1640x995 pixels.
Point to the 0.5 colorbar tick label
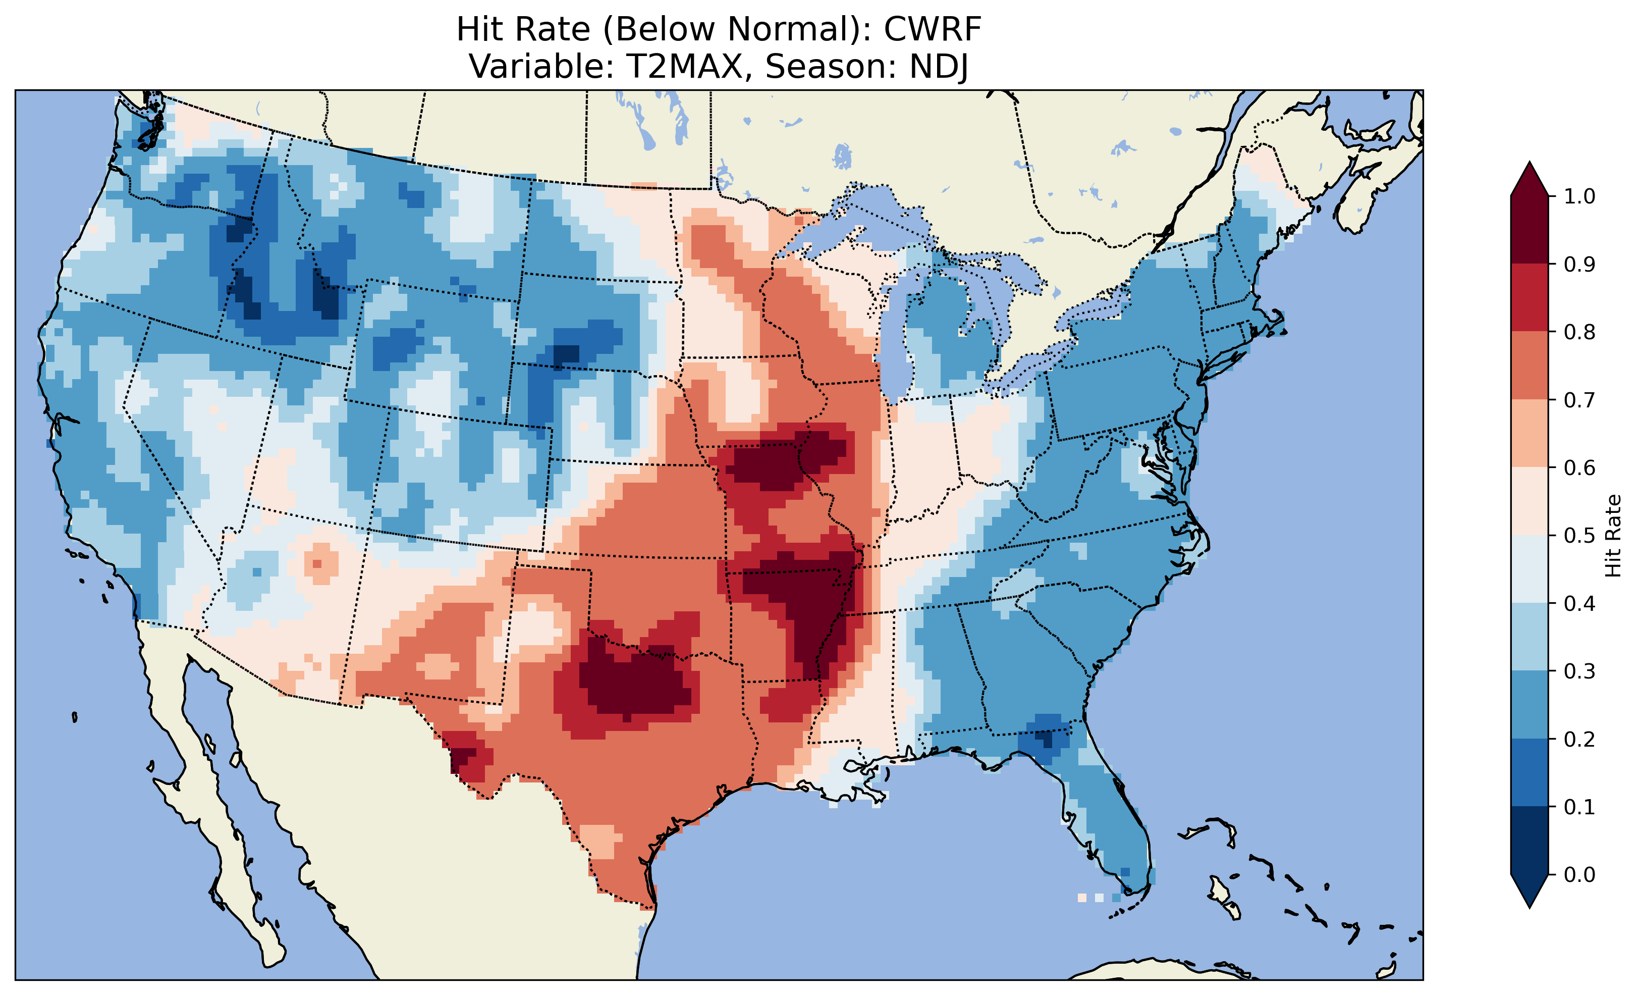click(1579, 536)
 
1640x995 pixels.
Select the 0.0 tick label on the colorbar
click(1579, 874)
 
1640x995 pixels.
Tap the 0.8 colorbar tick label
click(1579, 332)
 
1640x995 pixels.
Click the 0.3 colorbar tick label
click(1579, 671)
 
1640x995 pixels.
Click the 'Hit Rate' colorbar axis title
click(1613, 536)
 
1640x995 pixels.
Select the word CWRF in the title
click(933, 29)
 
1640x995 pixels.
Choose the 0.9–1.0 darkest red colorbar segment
click(1529, 230)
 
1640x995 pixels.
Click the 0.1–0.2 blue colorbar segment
click(1529, 772)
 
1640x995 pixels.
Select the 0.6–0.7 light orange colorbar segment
click(1529, 433)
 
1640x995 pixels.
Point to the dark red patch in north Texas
click(632, 683)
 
